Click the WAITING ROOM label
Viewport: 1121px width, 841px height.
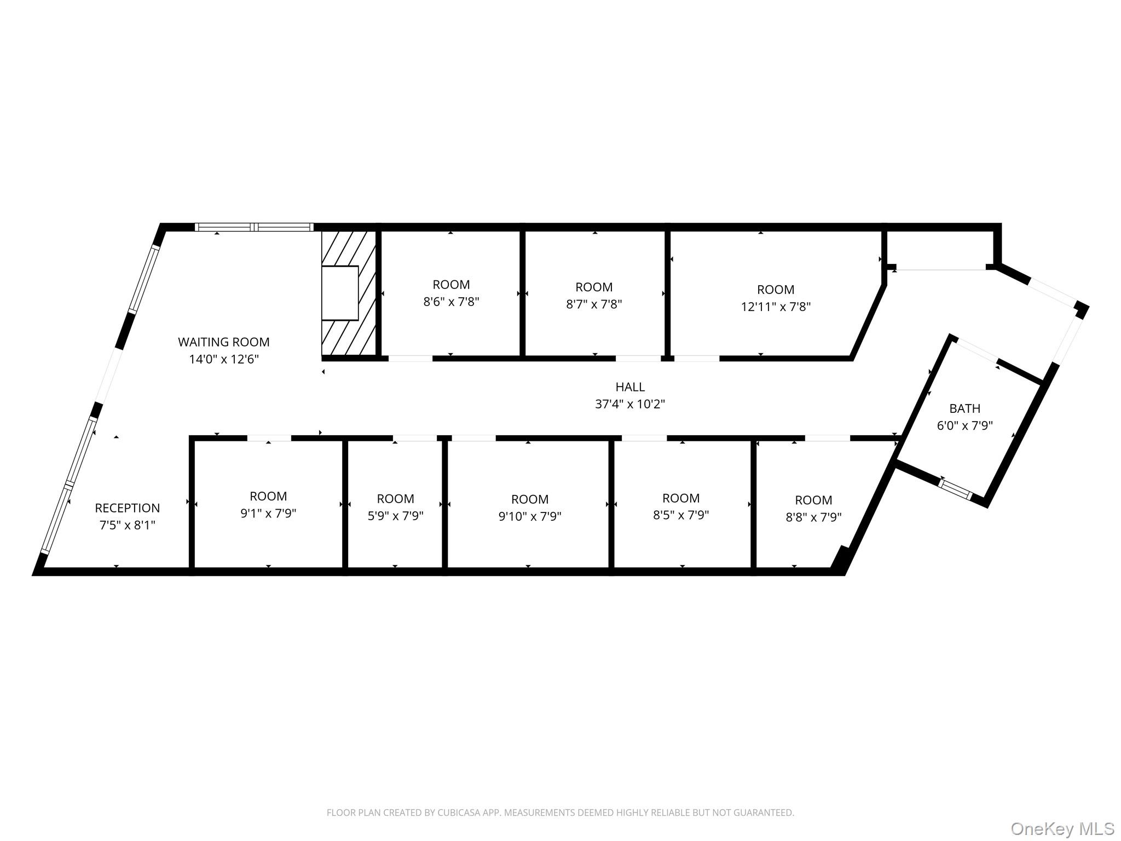223,342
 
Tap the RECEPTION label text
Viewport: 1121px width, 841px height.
127,508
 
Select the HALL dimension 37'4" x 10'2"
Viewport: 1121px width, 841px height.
629,405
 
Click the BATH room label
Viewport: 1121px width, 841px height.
964,408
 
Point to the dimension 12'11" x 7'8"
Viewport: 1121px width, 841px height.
775,307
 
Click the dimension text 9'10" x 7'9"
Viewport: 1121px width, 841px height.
529,516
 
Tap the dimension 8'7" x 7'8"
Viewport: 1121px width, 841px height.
594,304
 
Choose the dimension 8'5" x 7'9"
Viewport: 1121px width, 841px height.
680,515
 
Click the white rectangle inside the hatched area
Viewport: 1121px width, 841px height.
339,293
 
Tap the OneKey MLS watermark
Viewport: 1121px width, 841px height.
1062,828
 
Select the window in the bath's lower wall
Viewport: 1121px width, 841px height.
955,489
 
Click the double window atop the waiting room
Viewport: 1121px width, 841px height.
254,227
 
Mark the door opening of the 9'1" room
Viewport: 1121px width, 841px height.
269,438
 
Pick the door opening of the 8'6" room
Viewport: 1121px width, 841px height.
410,359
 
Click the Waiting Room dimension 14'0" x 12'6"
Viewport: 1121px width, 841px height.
223,360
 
